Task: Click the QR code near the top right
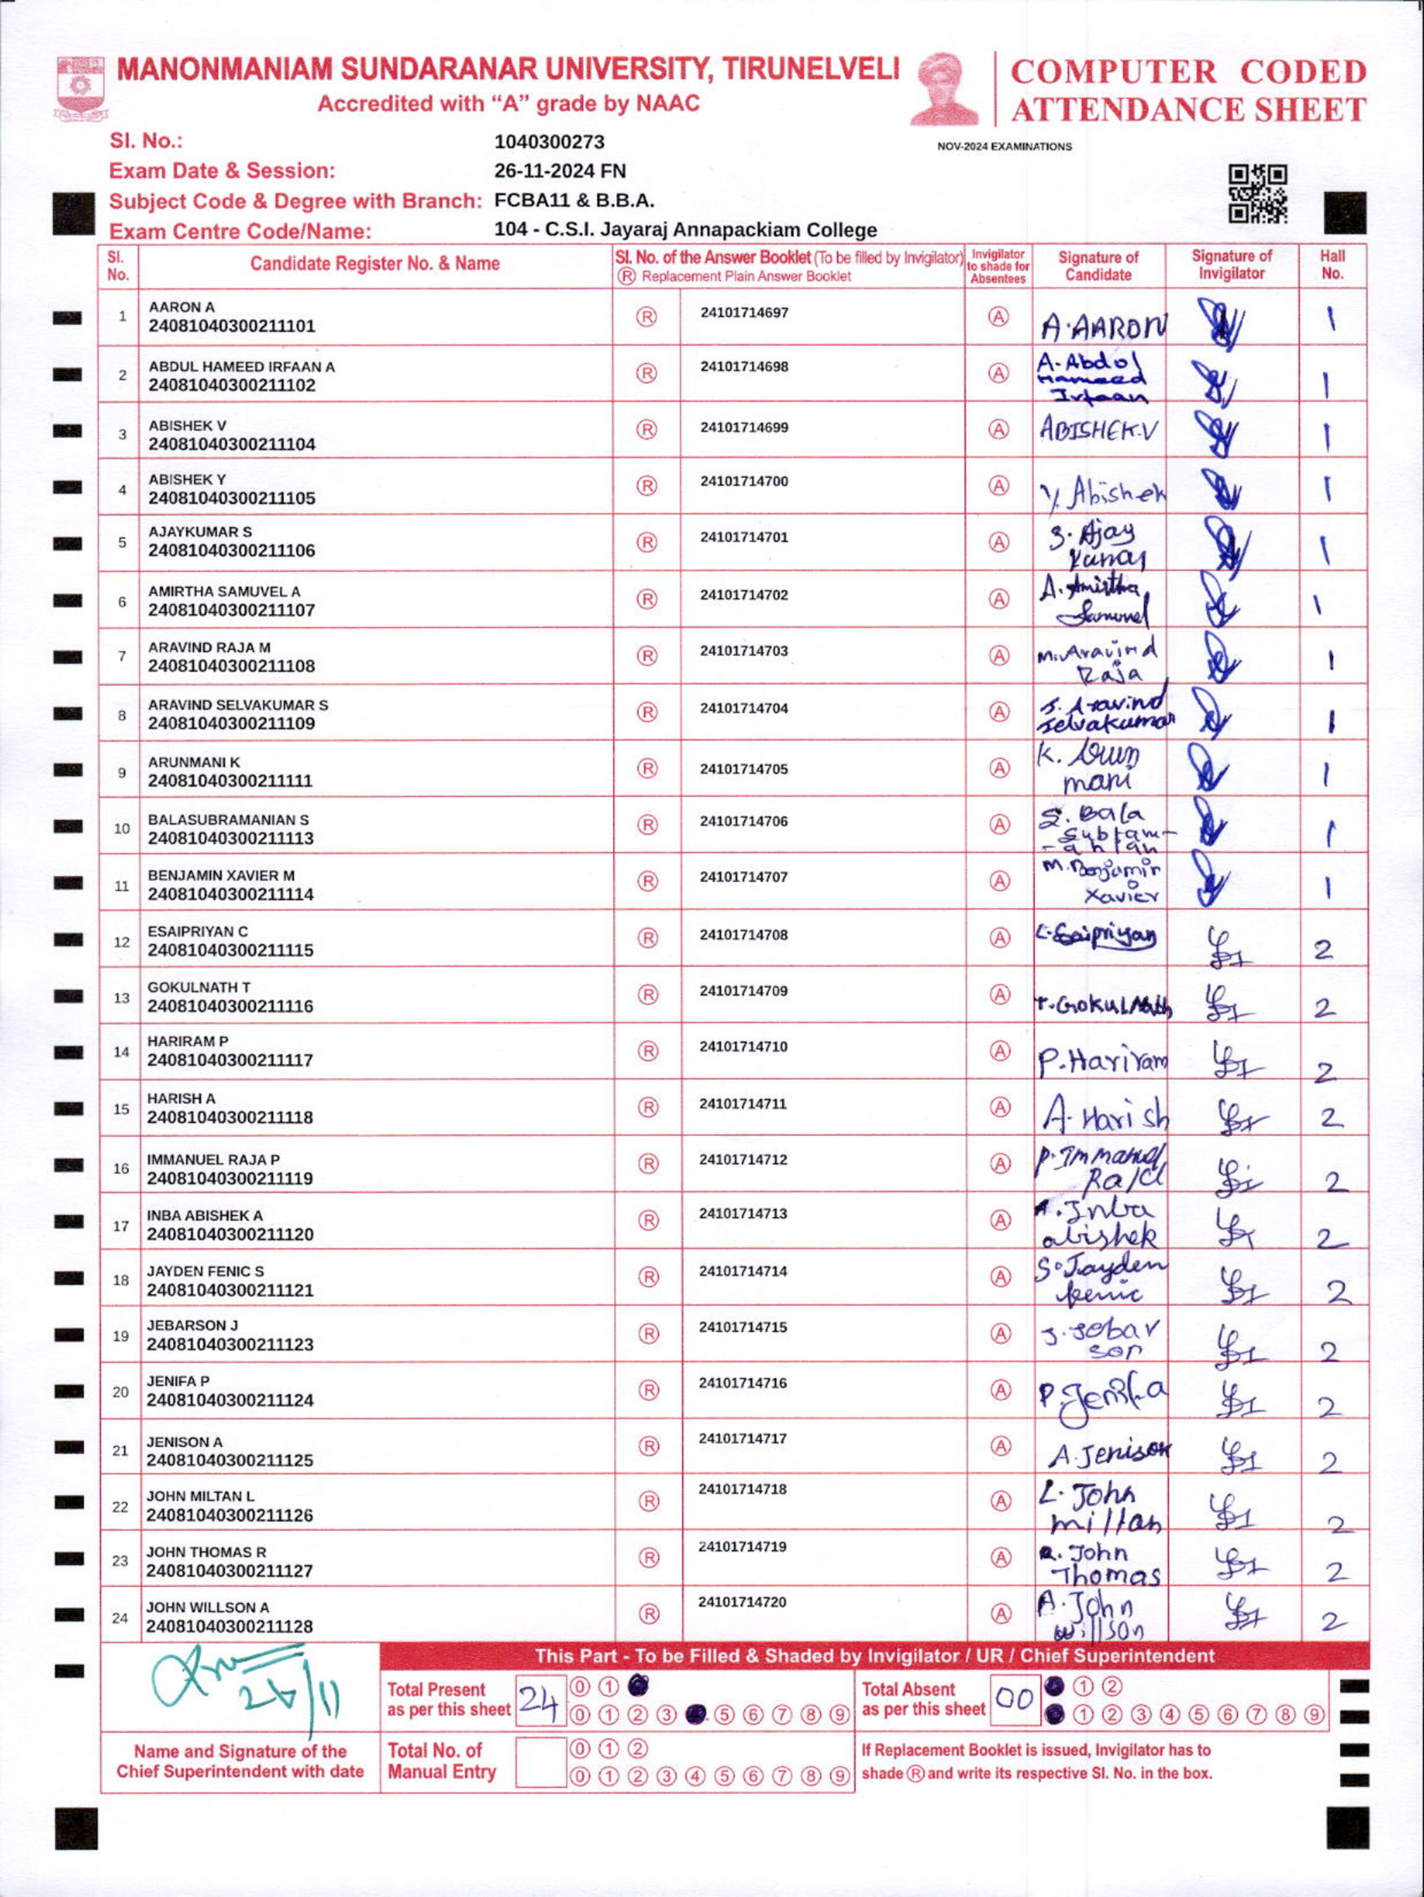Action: pos(1258,193)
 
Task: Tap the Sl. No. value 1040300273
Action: pos(549,141)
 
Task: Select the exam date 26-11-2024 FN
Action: pos(560,171)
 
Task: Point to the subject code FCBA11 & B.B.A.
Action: pos(574,201)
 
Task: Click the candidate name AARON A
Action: pos(182,307)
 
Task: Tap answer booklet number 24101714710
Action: pos(743,1046)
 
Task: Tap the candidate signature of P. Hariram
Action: pos(1102,1063)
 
